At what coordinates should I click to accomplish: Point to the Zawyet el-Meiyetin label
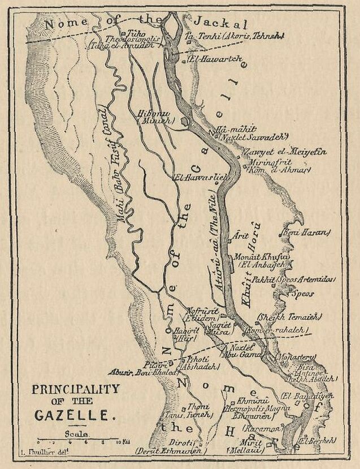pyautogui.click(x=277, y=152)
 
